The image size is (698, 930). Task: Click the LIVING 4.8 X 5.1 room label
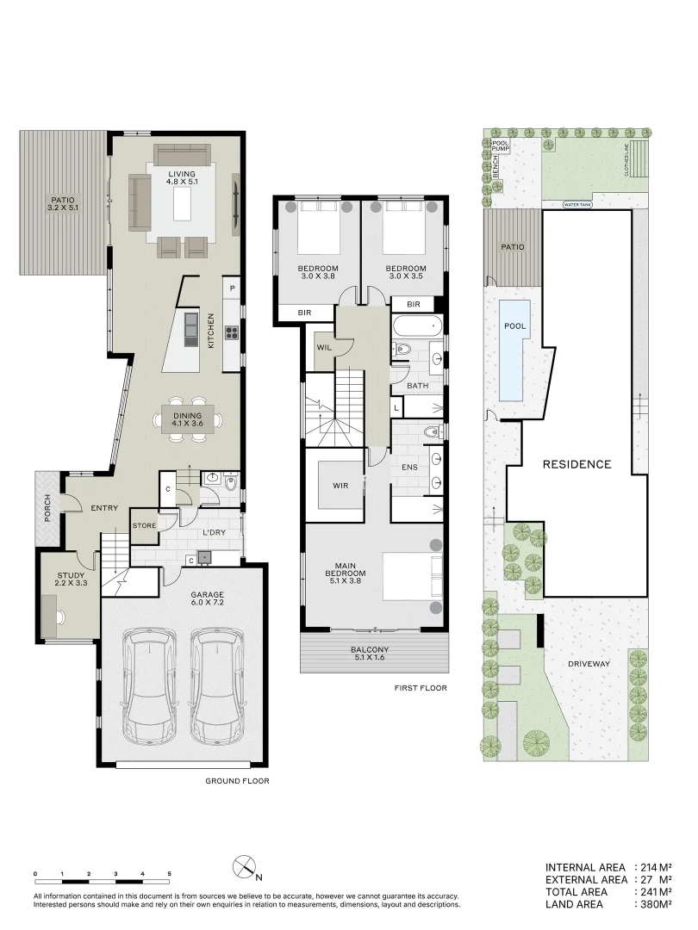(x=181, y=178)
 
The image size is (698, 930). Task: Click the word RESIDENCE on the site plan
(x=576, y=464)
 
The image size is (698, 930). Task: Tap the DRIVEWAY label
(x=589, y=664)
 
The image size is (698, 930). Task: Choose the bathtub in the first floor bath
(x=417, y=327)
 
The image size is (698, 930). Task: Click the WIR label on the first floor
(x=340, y=485)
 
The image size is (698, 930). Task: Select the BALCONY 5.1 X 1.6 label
(x=373, y=654)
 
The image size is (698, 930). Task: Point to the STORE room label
(x=143, y=524)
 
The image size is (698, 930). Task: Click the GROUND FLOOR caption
(x=237, y=781)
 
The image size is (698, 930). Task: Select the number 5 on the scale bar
(x=169, y=873)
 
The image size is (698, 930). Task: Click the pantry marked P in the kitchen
(x=232, y=288)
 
